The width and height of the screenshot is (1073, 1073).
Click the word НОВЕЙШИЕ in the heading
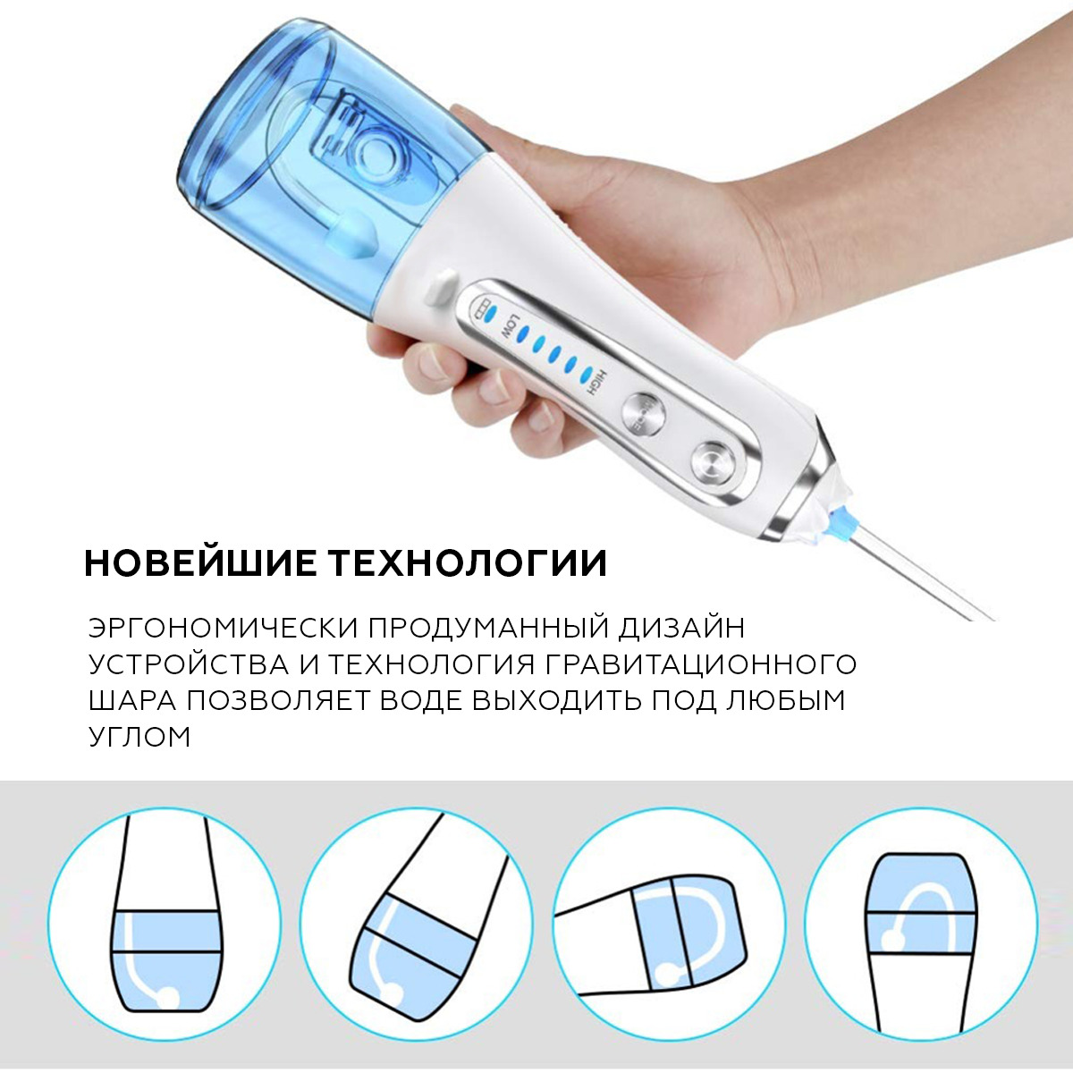click(x=199, y=563)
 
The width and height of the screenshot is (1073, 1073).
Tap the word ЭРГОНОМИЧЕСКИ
click(x=222, y=629)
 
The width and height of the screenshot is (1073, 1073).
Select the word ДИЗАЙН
click(x=681, y=629)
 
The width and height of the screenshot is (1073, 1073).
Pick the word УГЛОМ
click(x=139, y=737)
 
